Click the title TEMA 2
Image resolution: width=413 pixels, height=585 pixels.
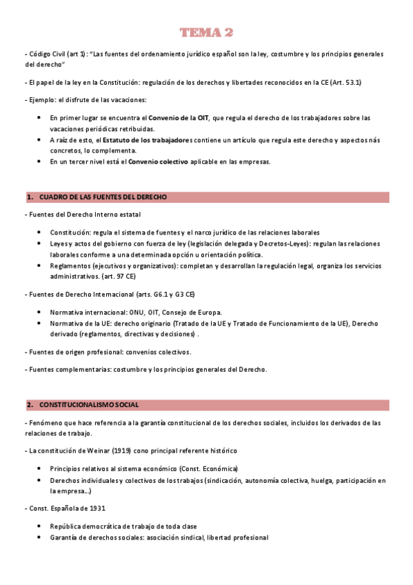[x=206, y=32]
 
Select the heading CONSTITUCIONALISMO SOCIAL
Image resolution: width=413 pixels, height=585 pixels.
[x=89, y=404]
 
